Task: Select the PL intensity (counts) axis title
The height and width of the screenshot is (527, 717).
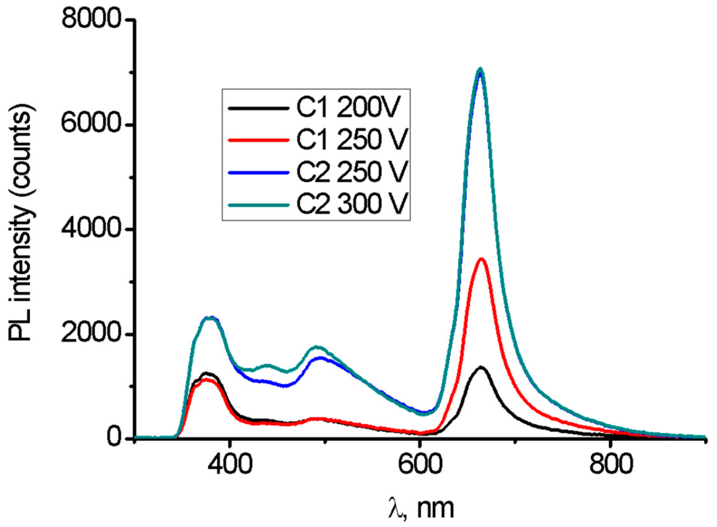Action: pos(22,225)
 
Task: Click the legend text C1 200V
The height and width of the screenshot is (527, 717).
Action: pos(347,108)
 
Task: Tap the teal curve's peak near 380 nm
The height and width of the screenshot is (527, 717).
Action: pos(209,318)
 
